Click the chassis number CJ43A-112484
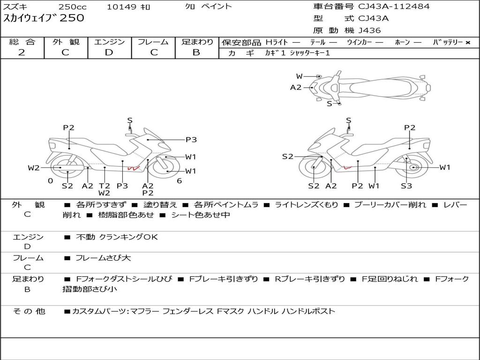[394, 7]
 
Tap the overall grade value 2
[22, 52]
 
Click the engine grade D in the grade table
[109, 52]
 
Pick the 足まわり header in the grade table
[197, 42]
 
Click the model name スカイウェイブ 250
[44, 18]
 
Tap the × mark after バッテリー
[468, 43]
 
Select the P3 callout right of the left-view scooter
[191, 140]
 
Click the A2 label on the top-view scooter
[296, 88]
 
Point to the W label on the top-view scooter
[299, 76]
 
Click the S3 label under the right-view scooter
[406, 186]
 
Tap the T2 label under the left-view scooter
[105, 186]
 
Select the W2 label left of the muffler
[34, 168]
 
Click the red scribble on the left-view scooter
[134, 168]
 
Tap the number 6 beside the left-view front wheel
[180, 181]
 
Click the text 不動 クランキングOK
[117, 237]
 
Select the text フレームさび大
[103, 258]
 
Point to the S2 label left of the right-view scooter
[288, 157]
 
